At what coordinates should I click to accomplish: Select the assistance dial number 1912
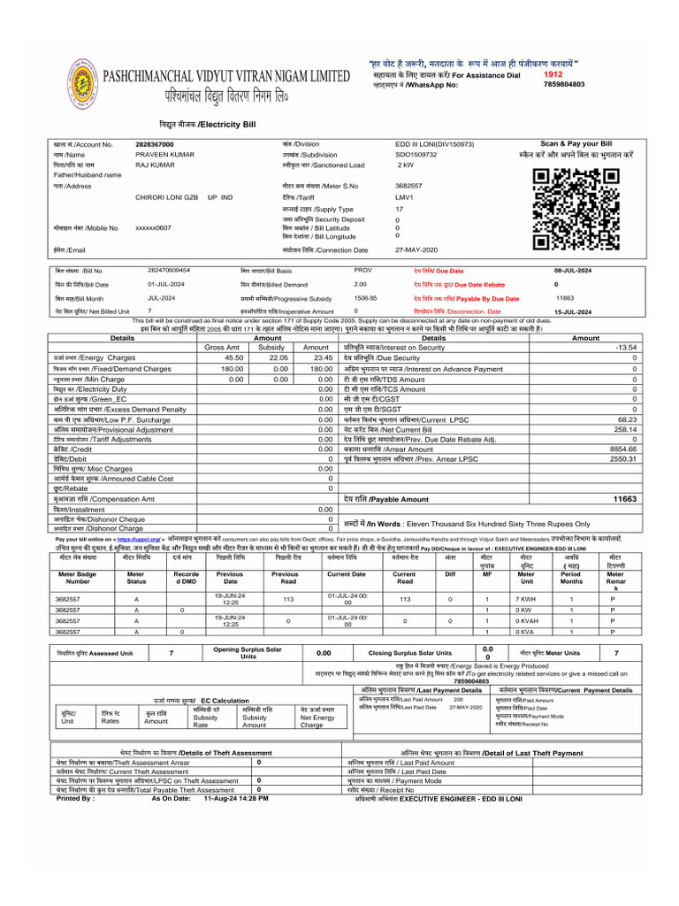pyautogui.click(x=553, y=75)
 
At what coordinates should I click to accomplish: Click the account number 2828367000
pyautogui.click(x=155, y=144)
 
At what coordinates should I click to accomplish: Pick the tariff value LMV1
pyautogui.click(x=404, y=197)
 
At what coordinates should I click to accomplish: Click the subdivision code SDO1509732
pyautogui.click(x=416, y=154)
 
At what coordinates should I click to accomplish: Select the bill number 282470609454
pyautogui.click(x=169, y=269)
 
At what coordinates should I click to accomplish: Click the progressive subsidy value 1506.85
pyautogui.click(x=366, y=298)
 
